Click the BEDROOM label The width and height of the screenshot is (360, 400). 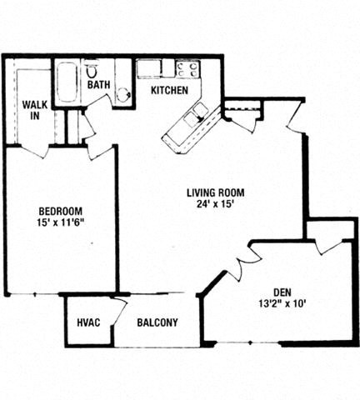pos(58,210)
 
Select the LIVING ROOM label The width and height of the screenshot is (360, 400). pos(215,192)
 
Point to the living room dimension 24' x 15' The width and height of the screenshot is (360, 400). pos(215,204)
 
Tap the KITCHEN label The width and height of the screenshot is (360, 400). pos(169,90)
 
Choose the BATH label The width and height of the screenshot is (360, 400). pos(99,84)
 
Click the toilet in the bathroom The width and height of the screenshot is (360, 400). pos(92,68)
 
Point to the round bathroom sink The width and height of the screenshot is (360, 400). pos(123,94)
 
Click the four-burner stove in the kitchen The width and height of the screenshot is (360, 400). pos(187,69)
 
